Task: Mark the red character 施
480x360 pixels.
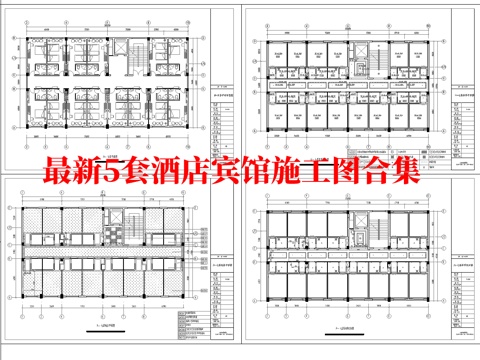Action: pyautogui.click(x=298, y=172)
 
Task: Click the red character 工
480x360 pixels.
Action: pyautogui.click(x=331, y=172)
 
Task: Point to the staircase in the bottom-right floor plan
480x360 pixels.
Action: pyautogui.click(x=357, y=221)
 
